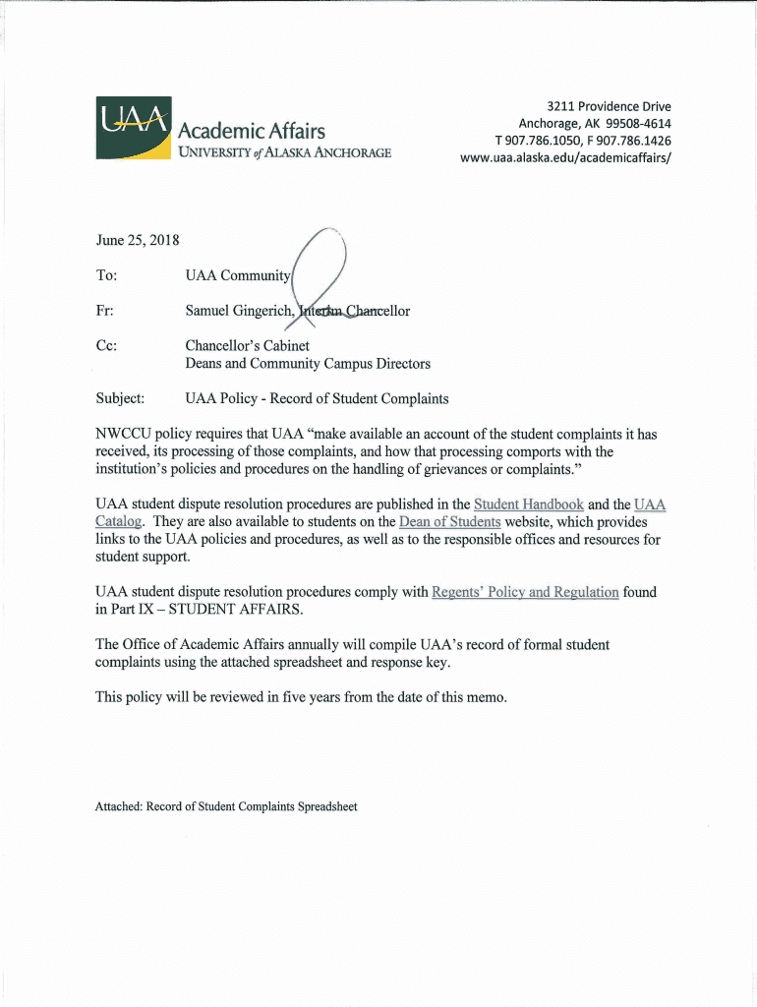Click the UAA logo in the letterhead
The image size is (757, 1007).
pyautogui.click(x=134, y=127)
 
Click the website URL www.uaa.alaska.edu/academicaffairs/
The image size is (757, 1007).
pyautogui.click(x=565, y=158)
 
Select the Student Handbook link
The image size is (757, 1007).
pyautogui.click(x=528, y=504)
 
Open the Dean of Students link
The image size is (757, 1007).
pyautogui.click(x=450, y=522)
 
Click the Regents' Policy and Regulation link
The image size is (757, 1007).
pyautogui.click(x=525, y=592)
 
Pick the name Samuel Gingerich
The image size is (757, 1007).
pyautogui.click(x=239, y=311)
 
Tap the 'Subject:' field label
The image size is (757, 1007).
pyautogui.click(x=120, y=398)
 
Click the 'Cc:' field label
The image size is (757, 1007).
pyautogui.click(x=106, y=345)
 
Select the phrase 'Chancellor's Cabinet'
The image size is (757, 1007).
pyautogui.click(x=247, y=345)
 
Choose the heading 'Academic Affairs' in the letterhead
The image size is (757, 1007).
pyautogui.click(x=252, y=131)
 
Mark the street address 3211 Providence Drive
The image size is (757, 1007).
pyautogui.click(x=609, y=106)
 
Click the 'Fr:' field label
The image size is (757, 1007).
pyautogui.click(x=104, y=311)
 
